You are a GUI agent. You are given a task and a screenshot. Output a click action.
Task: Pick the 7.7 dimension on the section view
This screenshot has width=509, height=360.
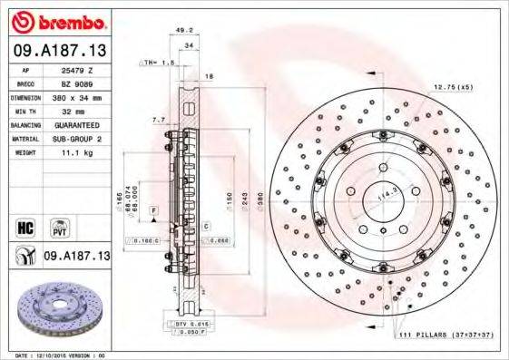pos(158,119)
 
